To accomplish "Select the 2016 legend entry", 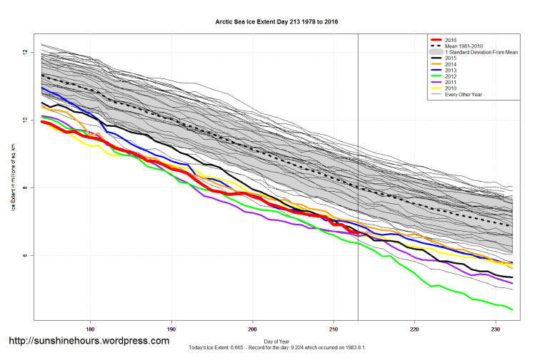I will click(x=449, y=40).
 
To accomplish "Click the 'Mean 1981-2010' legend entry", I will click(x=463, y=47).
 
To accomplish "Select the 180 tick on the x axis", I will click(x=90, y=329).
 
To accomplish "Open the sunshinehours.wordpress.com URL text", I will click(x=89, y=341).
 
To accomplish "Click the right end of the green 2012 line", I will click(x=513, y=309).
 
